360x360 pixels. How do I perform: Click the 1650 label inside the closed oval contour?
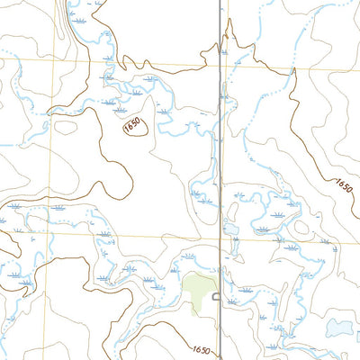coord(133,130)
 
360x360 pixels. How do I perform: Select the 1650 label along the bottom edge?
coord(201,350)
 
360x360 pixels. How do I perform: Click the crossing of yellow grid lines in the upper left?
coord(53,61)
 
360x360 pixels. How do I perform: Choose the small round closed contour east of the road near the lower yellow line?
coord(292,247)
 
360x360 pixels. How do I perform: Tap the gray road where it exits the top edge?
coord(219,3)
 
